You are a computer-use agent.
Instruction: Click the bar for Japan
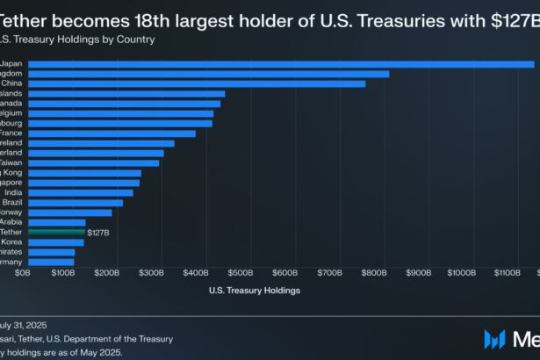(x=281, y=64)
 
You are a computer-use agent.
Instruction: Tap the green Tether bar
(x=56, y=232)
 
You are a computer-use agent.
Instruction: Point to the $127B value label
(x=98, y=232)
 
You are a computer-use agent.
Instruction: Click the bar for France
(x=112, y=133)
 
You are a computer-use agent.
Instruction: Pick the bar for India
(x=81, y=192)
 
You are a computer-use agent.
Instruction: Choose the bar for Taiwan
(x=93, y=162)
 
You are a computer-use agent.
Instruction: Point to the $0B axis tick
(x=24, y=273)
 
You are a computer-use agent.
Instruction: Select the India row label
(x=13, y=192)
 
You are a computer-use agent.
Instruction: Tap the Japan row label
(x=12, y=64)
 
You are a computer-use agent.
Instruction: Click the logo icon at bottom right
(x=495, y=338)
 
